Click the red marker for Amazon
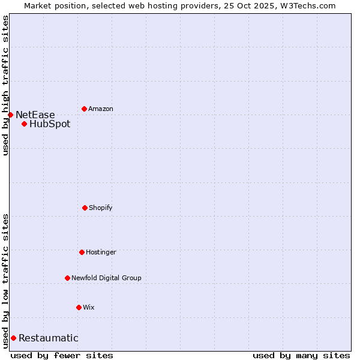[84, 109]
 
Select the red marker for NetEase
[10, 115]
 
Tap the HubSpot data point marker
[24, 124]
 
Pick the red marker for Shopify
[85, 208]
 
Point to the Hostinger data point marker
[82, 252]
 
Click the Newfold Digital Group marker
[67, 278]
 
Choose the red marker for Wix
[79, 307]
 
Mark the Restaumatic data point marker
[13, 338]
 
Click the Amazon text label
[101, 109]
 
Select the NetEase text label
[35, 115]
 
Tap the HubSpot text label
[50, 124]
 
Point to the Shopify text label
[101, 208]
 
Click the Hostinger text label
[101, 252]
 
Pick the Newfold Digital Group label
[106, 278]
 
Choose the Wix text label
[89, 307]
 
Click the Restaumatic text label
[48, 338]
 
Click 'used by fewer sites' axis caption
[62, 355]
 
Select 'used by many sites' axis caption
[301, 355]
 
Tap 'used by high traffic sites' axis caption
[5, 85]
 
